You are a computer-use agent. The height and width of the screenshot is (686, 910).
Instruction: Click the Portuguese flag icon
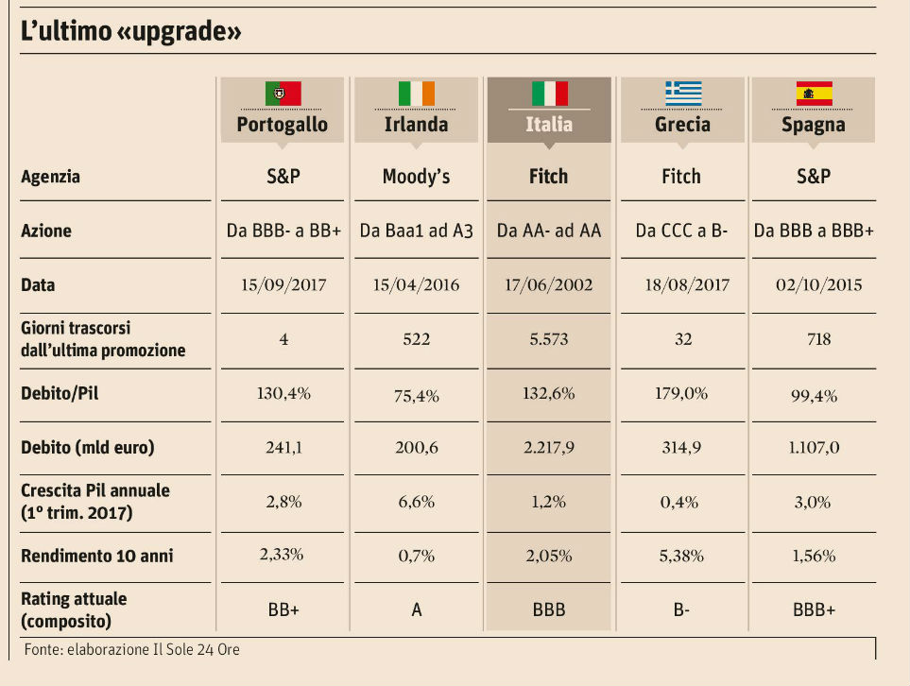point(283,93)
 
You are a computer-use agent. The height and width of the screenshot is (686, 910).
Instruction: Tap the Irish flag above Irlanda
point(416,93)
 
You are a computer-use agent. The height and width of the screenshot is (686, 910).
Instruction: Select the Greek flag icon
point(682,93)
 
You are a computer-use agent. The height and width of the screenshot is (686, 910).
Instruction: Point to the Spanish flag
point(813,93)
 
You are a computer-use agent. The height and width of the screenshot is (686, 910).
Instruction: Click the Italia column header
point(549,124)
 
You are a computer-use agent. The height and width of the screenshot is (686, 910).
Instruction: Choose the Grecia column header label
point(682,124)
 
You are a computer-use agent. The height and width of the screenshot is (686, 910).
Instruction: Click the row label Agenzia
point(50,176)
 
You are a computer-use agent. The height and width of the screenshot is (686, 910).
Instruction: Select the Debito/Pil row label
point(60,393)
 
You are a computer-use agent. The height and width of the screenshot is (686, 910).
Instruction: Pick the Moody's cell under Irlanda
point(416,176)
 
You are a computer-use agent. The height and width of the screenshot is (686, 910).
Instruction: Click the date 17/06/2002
point(549,284)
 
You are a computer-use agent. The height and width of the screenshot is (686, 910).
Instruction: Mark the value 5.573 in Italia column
point(549,338)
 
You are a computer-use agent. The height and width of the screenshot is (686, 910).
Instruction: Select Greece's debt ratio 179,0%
point(682,393)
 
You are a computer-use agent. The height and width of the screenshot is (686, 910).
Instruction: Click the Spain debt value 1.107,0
point(813,447)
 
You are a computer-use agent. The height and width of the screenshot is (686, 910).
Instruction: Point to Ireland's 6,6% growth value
point(416,502)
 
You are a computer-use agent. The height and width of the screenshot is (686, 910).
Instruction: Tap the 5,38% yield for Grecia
point(682,555)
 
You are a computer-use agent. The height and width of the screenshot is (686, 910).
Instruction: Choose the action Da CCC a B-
point(682,231)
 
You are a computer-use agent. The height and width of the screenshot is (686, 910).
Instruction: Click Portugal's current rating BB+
point(283,610)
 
